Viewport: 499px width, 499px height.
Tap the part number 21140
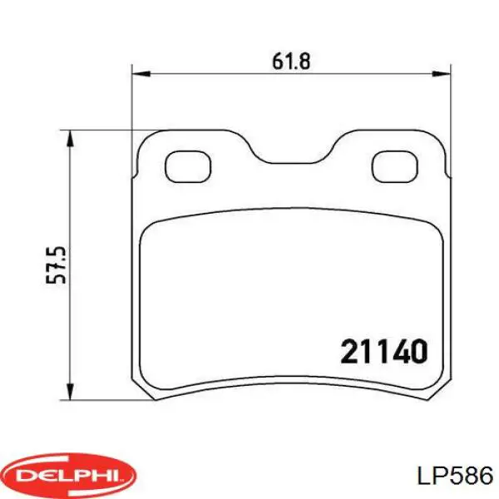pos(384,353)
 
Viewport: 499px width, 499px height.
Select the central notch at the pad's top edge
pos(289,159)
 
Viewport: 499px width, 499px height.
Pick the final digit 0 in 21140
pos(419,353)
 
